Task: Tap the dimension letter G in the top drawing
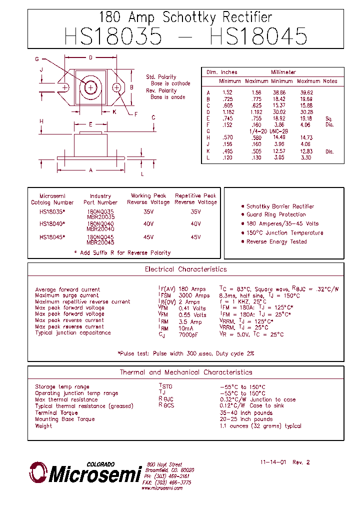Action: [37, 59]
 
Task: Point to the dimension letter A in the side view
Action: [90, 170]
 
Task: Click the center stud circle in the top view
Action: [90, 87]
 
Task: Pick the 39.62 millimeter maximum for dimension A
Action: [306, 92]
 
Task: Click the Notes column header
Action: [330, 81]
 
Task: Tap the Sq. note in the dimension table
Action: [328, 118]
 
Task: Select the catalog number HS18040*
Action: [52, 224]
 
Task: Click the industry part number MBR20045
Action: [100, 242]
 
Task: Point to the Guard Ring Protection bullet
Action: [276, 214]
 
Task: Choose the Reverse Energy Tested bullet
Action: [276, 241]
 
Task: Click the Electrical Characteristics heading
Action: [185, 269]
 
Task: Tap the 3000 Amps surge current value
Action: [194, 295]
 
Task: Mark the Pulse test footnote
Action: [185, 353]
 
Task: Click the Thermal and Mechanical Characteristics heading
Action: [185, 372]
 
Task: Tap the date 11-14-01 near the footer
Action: [273, 462]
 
